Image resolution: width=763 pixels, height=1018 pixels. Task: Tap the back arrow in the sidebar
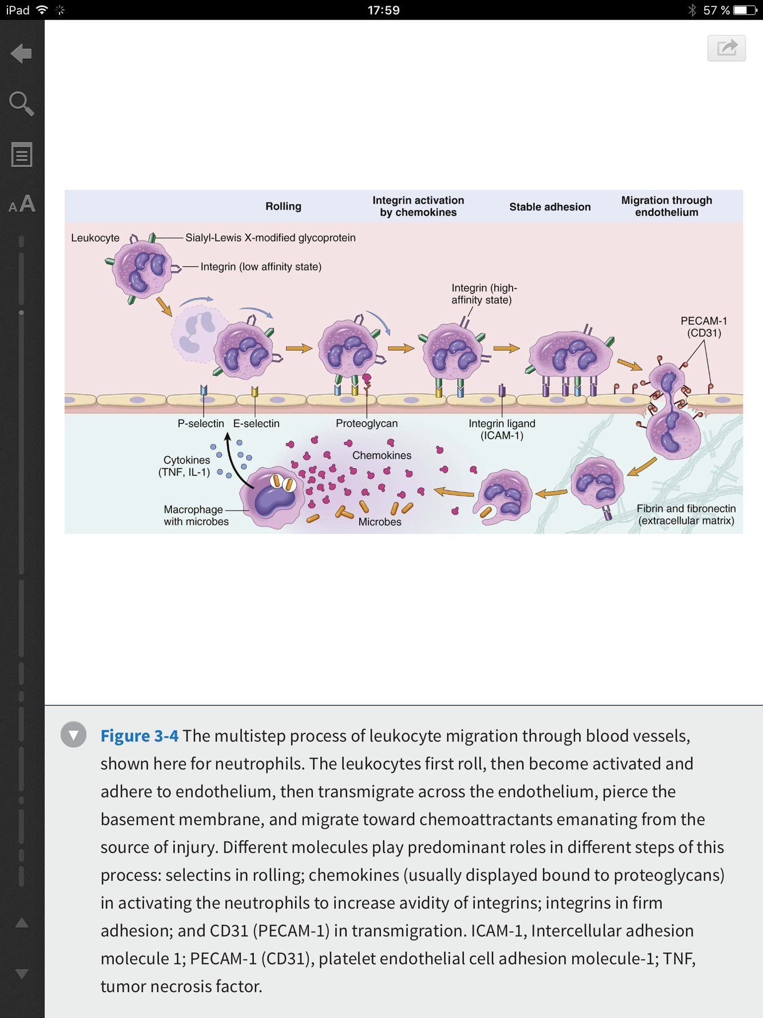(22, 54)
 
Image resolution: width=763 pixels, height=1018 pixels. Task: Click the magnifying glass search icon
(22, 104)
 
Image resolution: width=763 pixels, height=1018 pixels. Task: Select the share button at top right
(726, 47)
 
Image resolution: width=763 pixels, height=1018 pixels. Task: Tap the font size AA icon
(22, 204)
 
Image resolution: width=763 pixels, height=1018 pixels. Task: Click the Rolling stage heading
(283, 207)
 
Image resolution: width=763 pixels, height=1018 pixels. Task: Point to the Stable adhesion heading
(550, 207)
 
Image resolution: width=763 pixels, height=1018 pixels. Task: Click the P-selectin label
(201, 423)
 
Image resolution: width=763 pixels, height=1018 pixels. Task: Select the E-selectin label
(256, 423)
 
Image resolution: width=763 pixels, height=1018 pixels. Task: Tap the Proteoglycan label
(367, 423)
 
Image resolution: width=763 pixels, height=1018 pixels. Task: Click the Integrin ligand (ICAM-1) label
(502, 429)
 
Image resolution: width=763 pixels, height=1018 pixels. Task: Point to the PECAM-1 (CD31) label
(704, 327)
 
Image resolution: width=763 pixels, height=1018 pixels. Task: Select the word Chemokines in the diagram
(381, 455)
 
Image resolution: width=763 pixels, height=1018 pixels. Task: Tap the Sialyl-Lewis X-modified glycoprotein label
(270, 237)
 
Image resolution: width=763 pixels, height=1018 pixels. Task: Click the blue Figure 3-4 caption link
(139, 736)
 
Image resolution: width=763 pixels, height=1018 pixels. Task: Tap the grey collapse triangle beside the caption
(74, 735)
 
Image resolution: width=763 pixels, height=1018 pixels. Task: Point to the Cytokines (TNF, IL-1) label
(184, 466)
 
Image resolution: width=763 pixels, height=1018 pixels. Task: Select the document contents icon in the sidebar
(22, 155)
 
